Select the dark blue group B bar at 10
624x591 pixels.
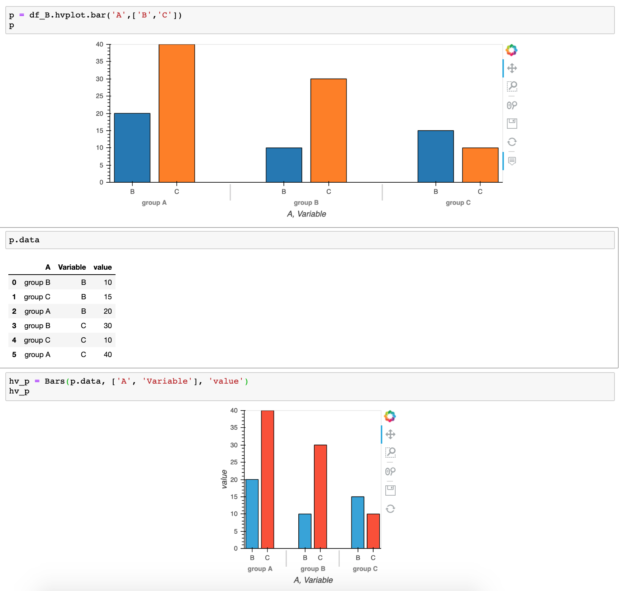pyautogui.click(x=284, y=165)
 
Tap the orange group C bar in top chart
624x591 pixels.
pyautogui.click(x=480, y=165)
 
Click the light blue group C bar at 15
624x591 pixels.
pyautogui.click(x=358, y=522)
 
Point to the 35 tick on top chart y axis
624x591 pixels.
pyautogui.click(x=100, y=61)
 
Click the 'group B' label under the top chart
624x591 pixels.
pyautogui.click(x=306, y=202)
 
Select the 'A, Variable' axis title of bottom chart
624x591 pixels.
pyautogui.click(x=313, y=580)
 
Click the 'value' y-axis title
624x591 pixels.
pyautogui.click(x=224, y=479)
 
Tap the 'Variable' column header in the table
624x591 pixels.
pyautogui.click(x=72, y=267)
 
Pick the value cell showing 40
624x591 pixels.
pyautogui.click(x=108, y=354)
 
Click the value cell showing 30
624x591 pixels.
pyautogui.click(x=108, y=326)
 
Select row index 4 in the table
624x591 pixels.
pyautogui.click(x=14, y=340)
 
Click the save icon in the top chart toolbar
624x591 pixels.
pyautogui.click(x=512, y=123)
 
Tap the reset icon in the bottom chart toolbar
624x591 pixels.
pyautogui.click(x=390, y=509)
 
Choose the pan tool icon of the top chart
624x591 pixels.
pyautogui.click(x=512, y=68)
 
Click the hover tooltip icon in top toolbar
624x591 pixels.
pyautogui.click(x=512, y=161)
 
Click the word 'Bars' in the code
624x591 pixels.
pyautogui.click(x=55, y=381)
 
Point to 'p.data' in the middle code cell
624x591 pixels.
pyautogui.click(x=24, y=240)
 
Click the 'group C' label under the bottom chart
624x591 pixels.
pyautogui.click(x=365, y=569)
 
